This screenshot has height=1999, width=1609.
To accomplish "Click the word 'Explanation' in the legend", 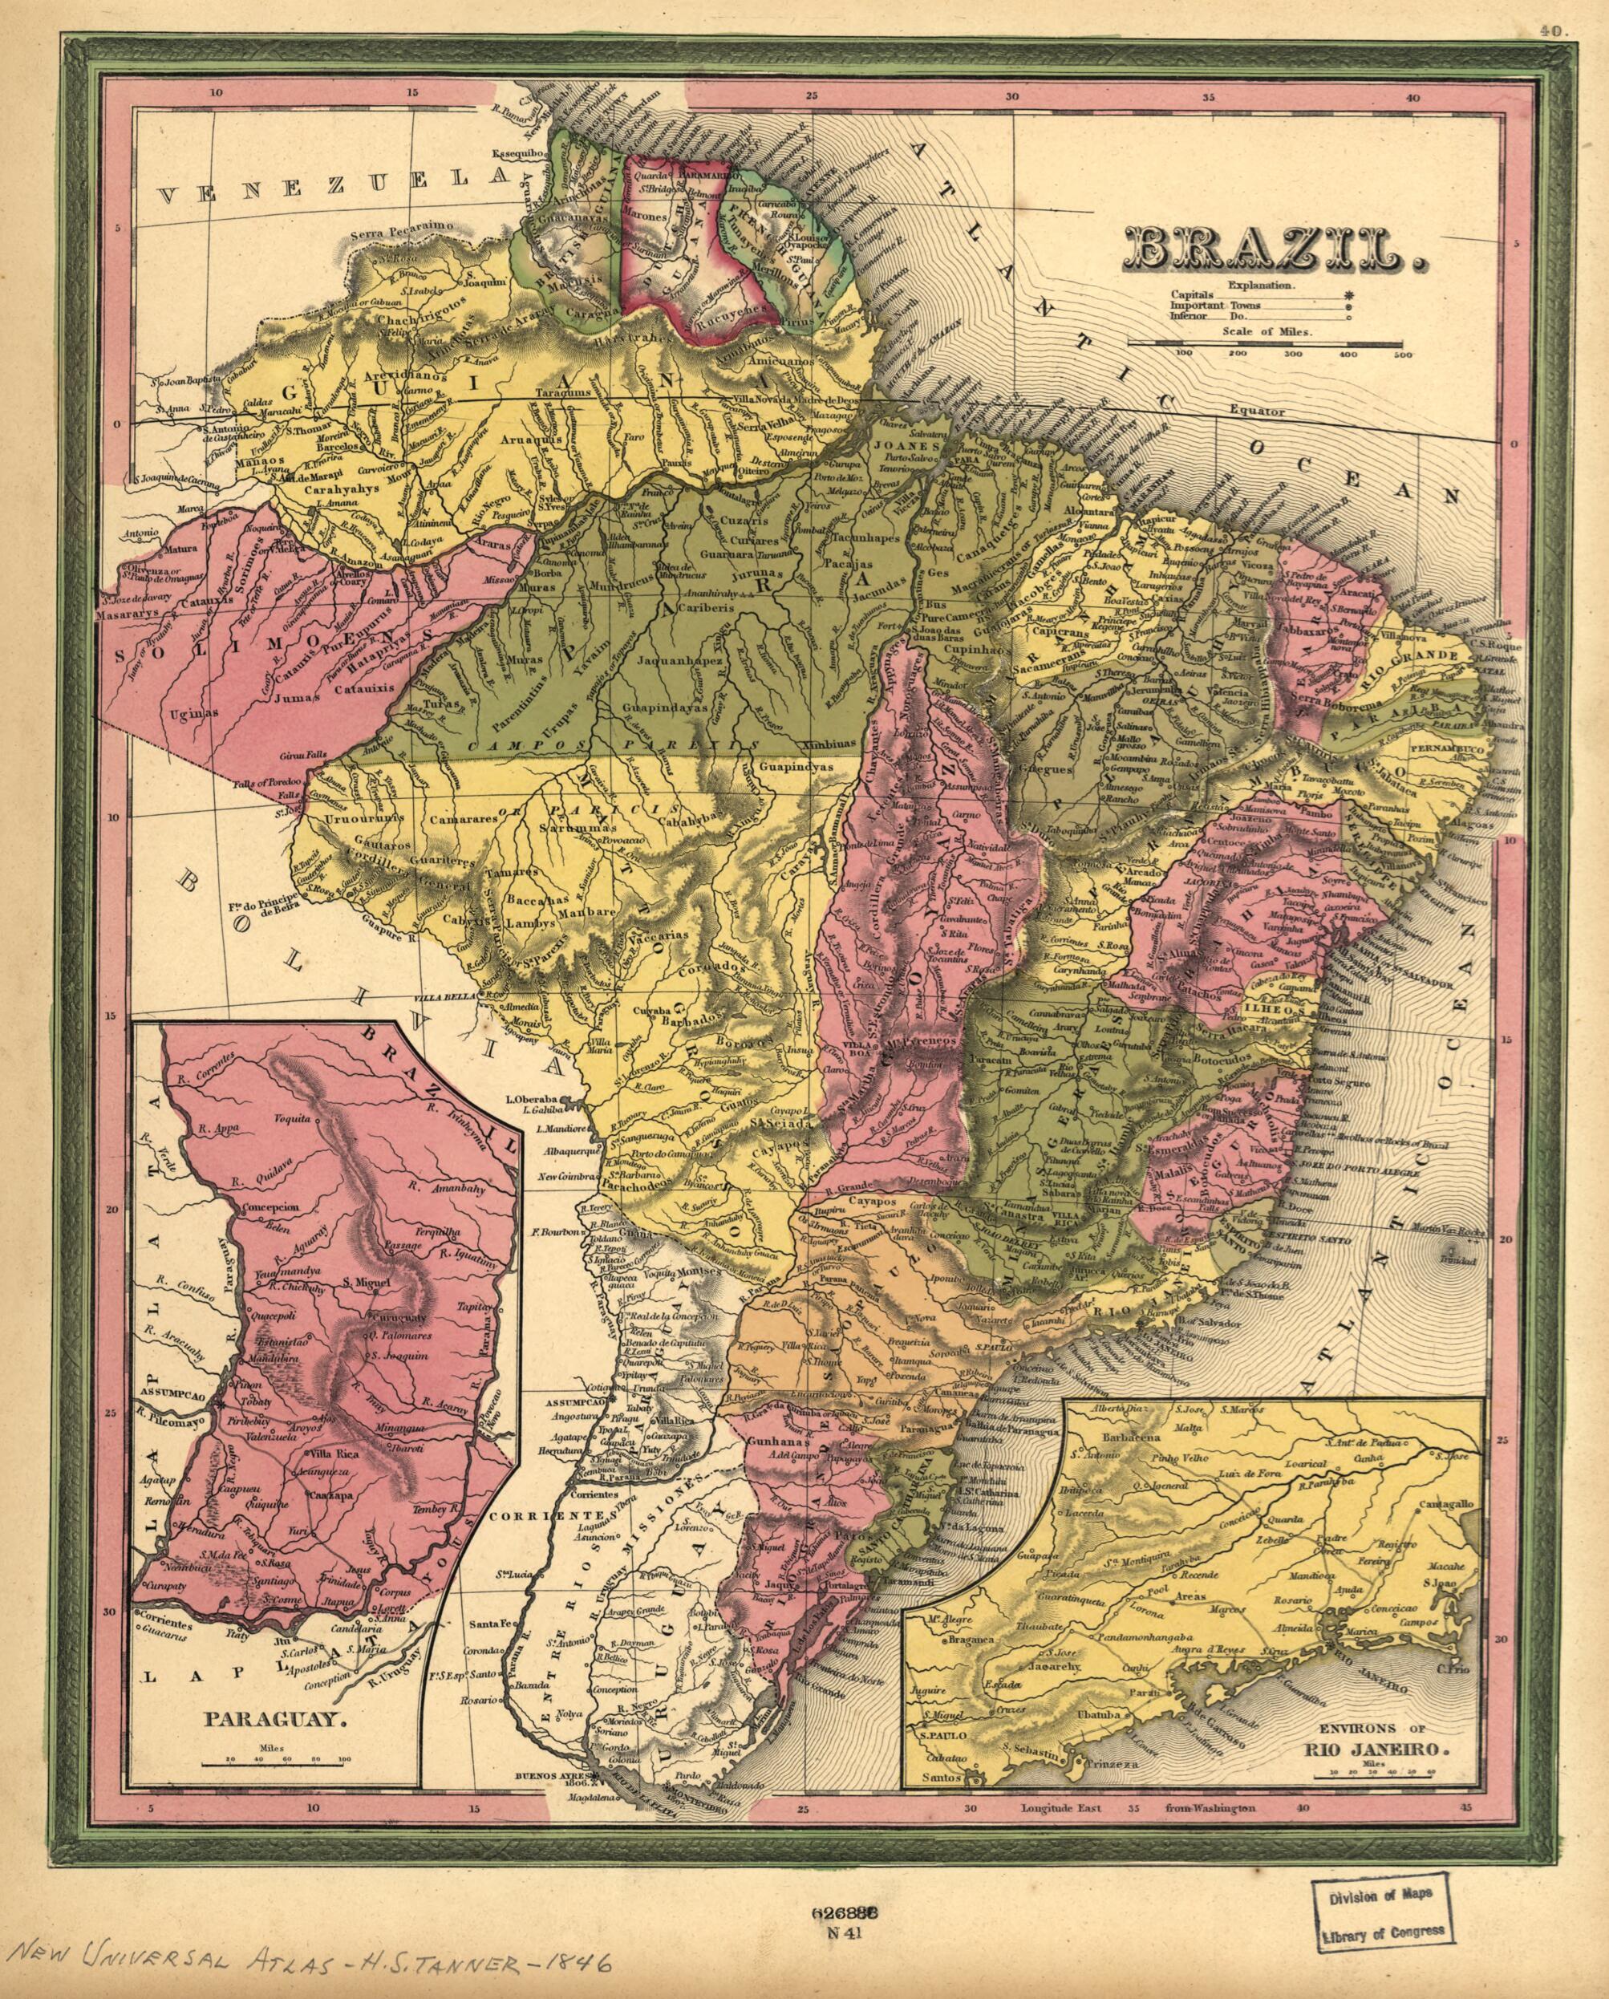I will pos(1267,286).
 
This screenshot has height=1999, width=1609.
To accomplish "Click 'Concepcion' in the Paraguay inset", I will pos(269,1208).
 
